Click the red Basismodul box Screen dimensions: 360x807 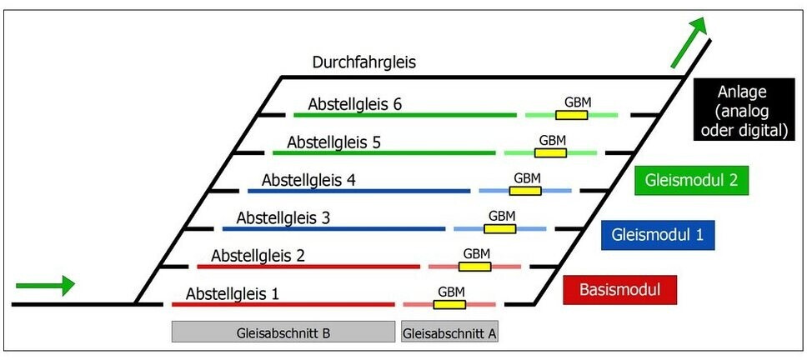pyautogui.click(x=619, y=290)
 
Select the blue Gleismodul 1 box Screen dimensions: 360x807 pyautogui.click(x=657, y=235)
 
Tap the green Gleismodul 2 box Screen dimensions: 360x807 pyautogui.click(x=691, y=179)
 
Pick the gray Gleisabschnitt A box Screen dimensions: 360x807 pyautogui.click(x=450, y=332)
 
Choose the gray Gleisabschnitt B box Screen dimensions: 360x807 pyautogui.click(x=283, y=332)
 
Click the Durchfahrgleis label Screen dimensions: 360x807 pyautogui.click(x=364, y=62)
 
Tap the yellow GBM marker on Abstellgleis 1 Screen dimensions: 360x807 pyautogui.click(x=449, y=304)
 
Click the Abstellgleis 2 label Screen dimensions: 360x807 pyautogui.click(x=258, y=256)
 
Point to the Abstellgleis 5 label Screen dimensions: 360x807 pyautogui.click(x=333, y=142)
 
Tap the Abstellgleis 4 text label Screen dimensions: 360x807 pyautogui.click(x=308, y=180)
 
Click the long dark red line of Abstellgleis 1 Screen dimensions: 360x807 pyautogui.click(x=283, y=304)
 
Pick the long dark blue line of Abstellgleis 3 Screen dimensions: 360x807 pyautogui.click(x=333, y=228)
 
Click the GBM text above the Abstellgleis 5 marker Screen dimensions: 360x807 pyautogui.click(x=553, y=140)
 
